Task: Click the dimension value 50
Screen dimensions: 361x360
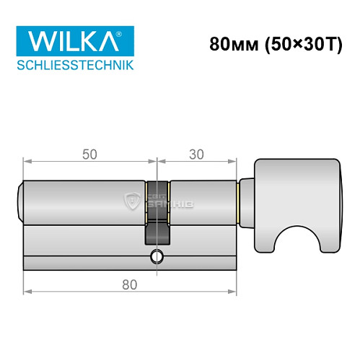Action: coord(89,154)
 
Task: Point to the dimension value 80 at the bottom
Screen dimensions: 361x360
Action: coord(130,284)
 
